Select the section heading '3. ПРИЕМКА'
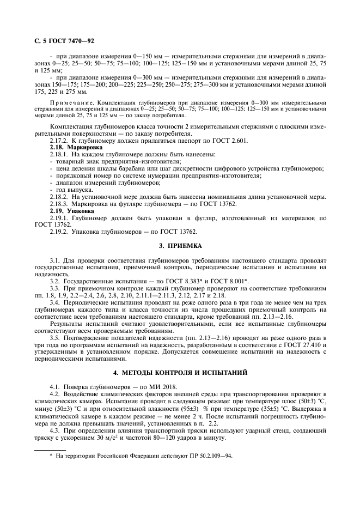click(x=180, y=246)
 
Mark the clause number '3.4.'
click(x=55, y=302)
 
